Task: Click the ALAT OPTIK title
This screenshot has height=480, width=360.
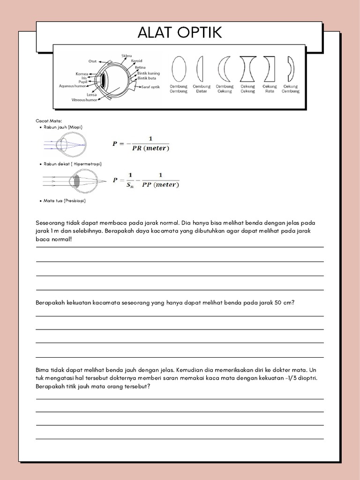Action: click(x=180, y=33)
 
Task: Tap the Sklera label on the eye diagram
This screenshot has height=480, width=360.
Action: click(x=127, y=55)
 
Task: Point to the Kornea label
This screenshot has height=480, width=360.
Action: click(x=82, y=74)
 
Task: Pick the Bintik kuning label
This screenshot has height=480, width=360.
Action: click(x=148, y=73)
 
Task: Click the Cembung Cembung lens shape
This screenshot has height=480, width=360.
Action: click(x=179, y=69)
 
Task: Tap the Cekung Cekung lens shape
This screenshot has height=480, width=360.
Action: click(x=247, y=69)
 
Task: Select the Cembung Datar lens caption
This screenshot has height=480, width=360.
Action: click(x=202, y=89)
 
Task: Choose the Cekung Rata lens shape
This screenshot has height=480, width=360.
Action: click(x=269, y=69)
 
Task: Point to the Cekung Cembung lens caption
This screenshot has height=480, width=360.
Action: click(x=291, y=89)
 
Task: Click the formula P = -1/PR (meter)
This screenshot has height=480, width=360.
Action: click(x=141, y=143)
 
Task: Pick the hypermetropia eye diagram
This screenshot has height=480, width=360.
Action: click(x=70, y=180)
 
